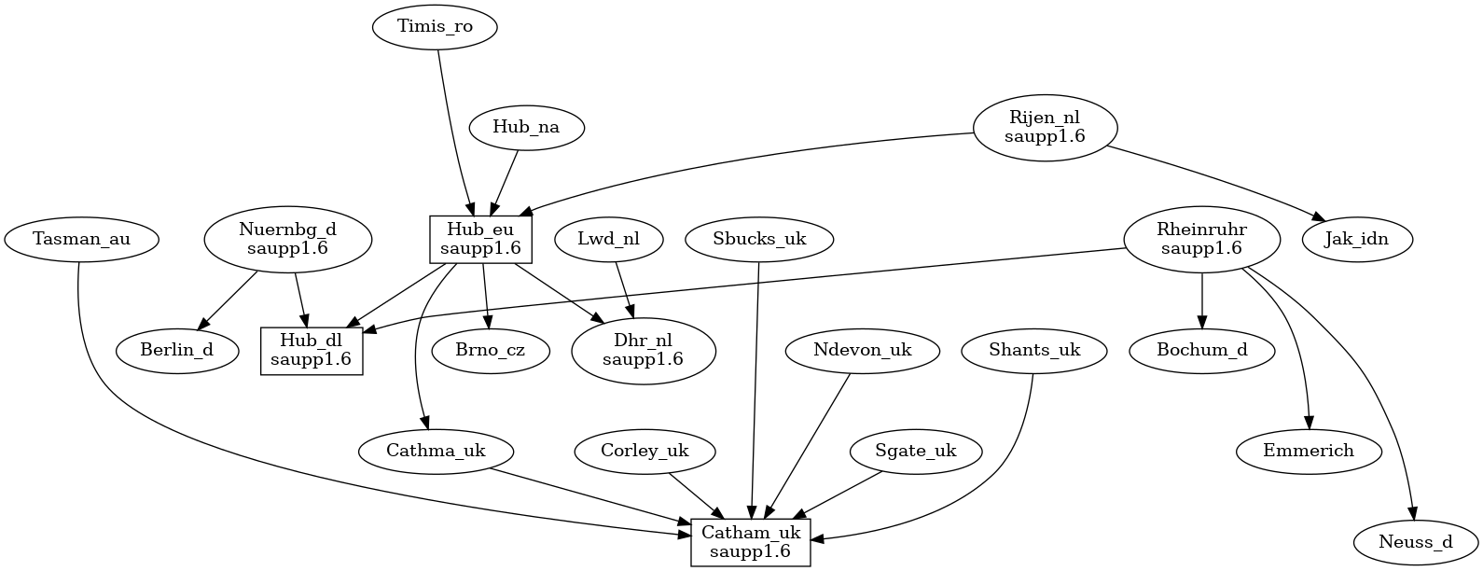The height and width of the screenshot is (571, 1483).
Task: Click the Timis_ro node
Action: click(x=435, y=26)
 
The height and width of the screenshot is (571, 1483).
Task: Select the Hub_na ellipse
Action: click(x=526, y=127)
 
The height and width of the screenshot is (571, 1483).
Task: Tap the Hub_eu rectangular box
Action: click(x=480, y=239)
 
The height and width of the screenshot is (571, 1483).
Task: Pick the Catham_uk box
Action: click(x=751, y=542)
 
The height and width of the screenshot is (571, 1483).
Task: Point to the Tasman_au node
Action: click(x=81, y=239)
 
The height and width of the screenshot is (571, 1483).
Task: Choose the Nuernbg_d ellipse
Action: click(x=287, y=239)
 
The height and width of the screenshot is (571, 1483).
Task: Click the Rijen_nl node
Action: click(x=1045, y=127)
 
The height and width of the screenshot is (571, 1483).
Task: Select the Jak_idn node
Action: click(x=1357, y=239)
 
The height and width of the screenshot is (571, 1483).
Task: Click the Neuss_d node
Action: click(x=1416, y=542)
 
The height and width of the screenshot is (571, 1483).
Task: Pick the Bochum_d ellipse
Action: click(x=1201, y=351)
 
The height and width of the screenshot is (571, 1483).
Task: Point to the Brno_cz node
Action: click(x=490, y=351)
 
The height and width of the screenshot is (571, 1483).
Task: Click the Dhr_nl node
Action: click(x=643, y=351)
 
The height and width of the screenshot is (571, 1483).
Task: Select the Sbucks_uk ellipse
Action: click(x=759, y=239)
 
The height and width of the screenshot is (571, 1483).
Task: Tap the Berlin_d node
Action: click(x=177, y=351)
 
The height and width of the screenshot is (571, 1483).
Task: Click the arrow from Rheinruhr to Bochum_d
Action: click(x=1201, y=300)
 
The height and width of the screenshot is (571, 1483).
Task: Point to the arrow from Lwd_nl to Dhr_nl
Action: click(x=626, y=291)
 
